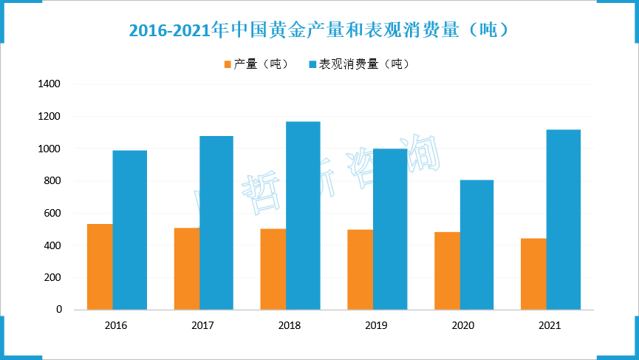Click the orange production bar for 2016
coord(100,267)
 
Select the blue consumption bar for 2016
coord(129,230)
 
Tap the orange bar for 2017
coord(187,268)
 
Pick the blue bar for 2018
coord(303,215)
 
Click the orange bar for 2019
coord(360,269)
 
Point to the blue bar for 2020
coord(476,245)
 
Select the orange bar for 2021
coord(534,274)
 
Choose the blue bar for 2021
coord(563,220)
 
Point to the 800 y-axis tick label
coord(52,181)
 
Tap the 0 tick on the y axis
coord(59,310)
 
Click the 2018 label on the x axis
coord(290,325)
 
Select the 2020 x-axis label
coord(463,325)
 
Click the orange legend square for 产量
coord(228,64)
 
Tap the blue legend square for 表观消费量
coord(312,64)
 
